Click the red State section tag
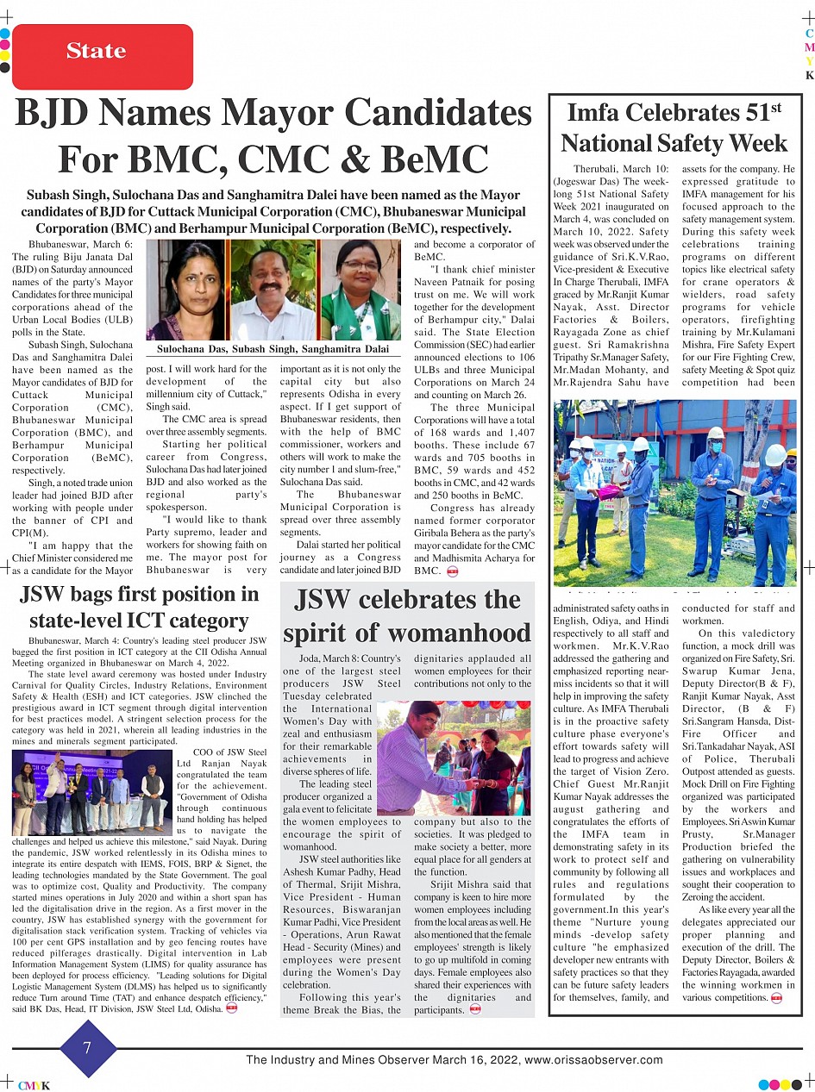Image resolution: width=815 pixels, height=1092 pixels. pos(97,52)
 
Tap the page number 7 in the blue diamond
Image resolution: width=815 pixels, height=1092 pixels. pos(87,1047)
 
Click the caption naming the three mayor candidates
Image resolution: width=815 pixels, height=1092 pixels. pos(273,348)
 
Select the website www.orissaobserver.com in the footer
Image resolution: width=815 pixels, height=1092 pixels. pos(593,1060)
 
